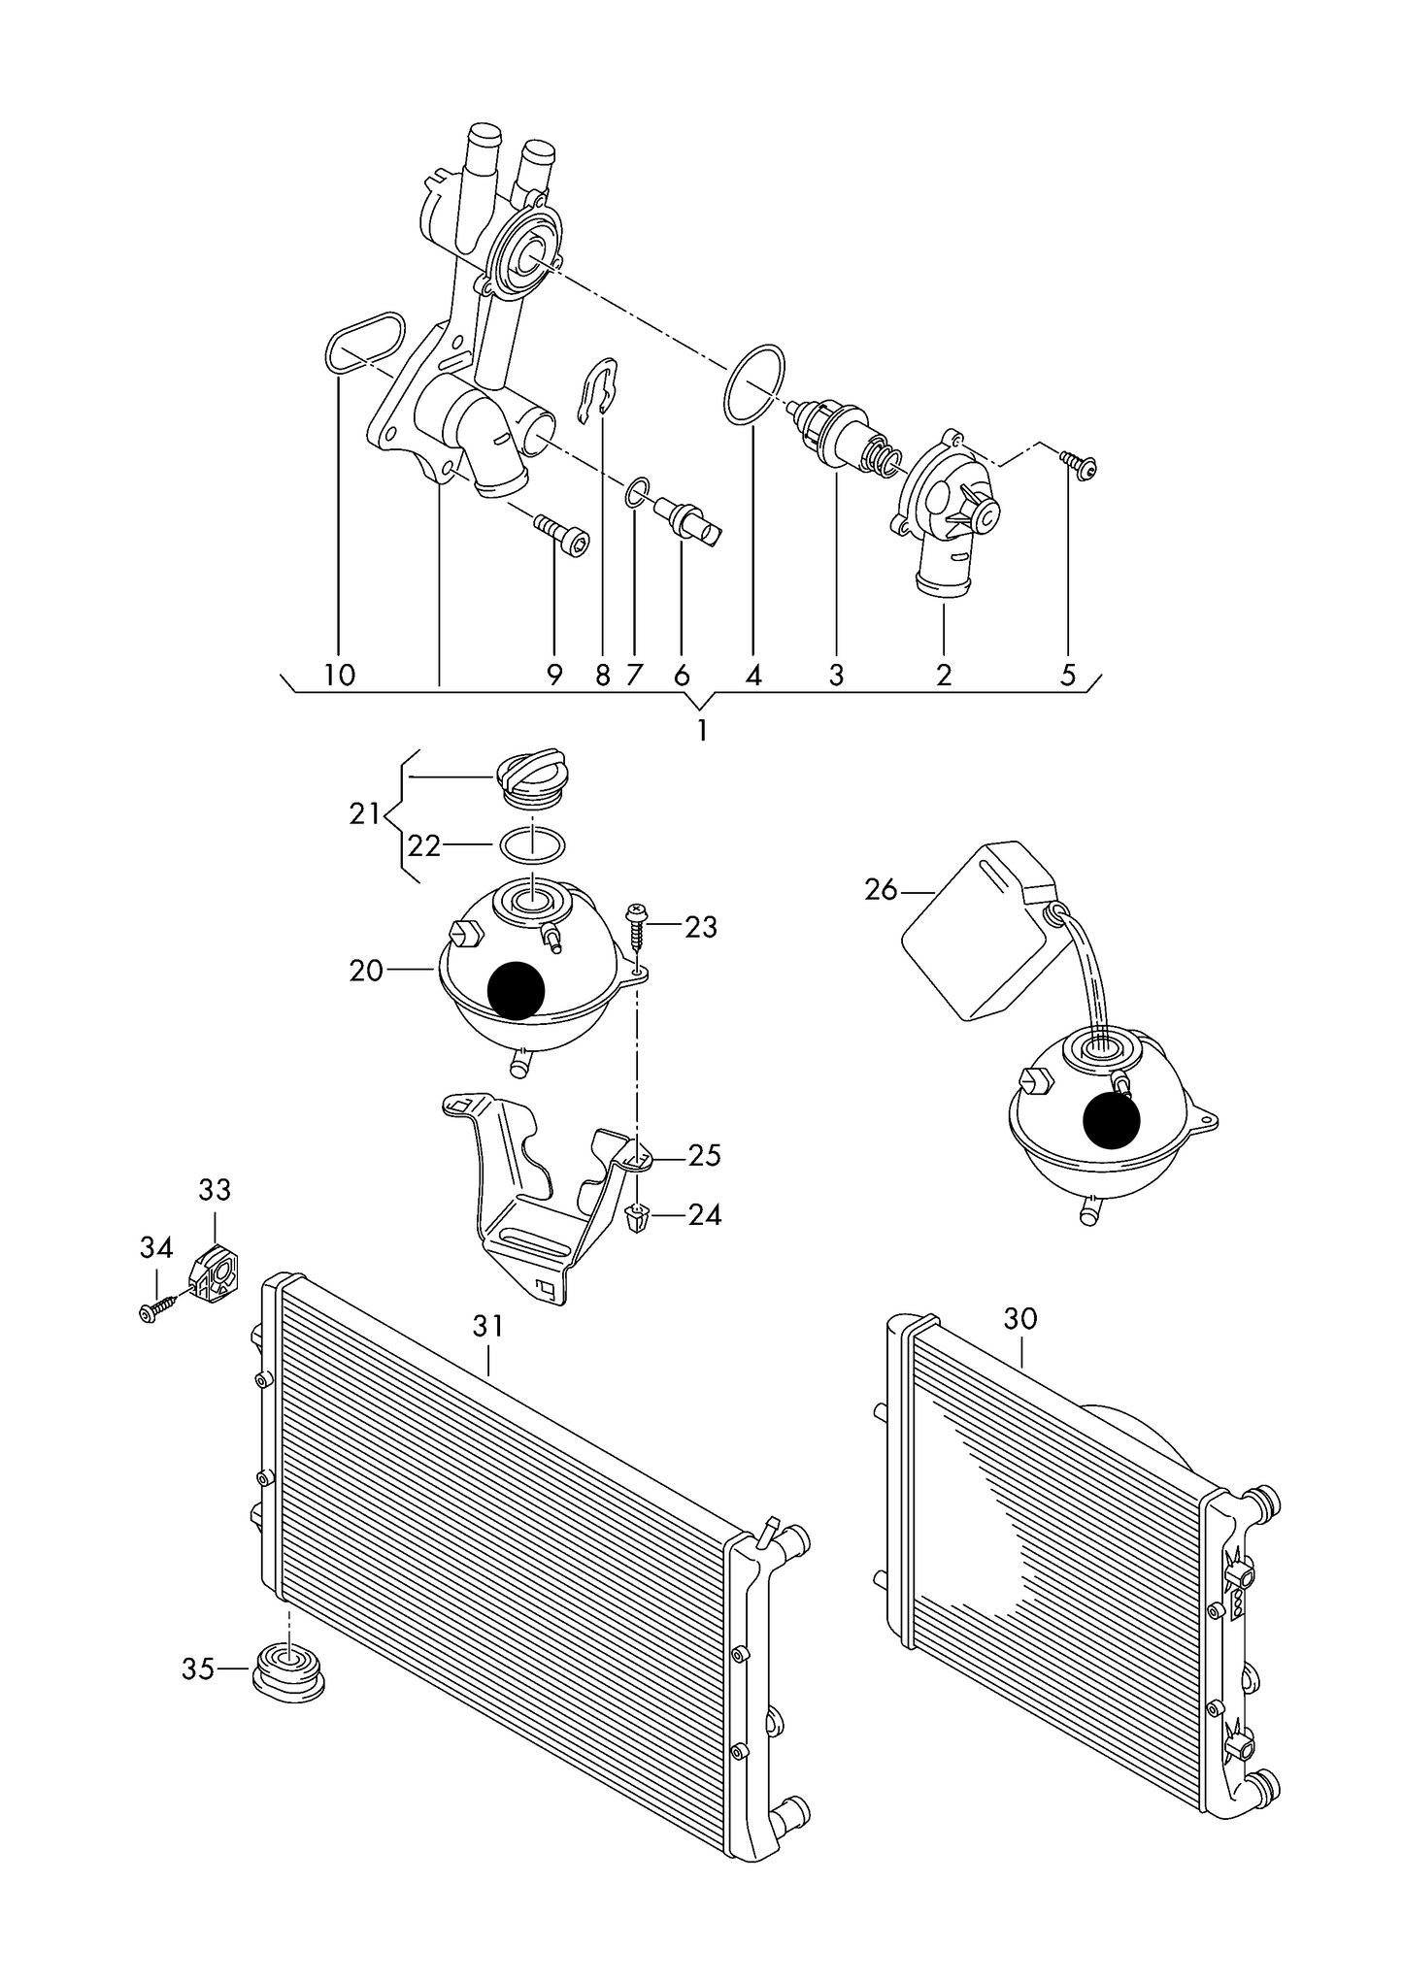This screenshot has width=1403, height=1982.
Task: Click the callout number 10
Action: click(339, 676)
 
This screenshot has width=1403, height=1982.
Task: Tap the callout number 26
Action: click(881, 890)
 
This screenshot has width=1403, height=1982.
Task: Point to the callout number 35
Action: click(197, 1669)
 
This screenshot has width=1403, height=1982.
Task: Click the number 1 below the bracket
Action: click(702, 731)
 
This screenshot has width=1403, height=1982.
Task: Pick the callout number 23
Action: click(700, 928)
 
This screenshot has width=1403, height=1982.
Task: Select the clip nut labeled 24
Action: click(637, 1217)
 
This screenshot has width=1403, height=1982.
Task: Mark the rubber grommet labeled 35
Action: click(288, 1669)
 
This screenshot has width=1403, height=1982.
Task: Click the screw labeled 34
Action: click(158, 1307)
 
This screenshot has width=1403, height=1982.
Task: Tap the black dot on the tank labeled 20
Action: click(518, 990)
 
